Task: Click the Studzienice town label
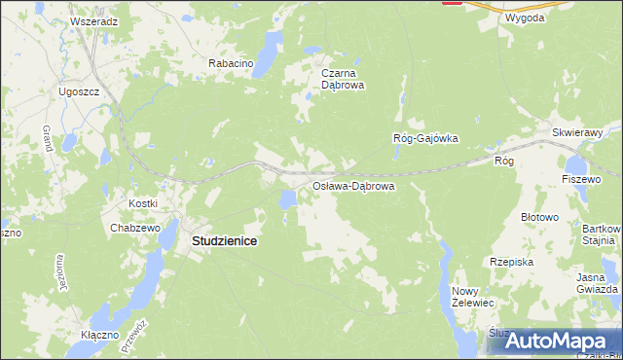217,240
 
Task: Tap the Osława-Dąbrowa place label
351,185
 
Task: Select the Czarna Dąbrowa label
343,78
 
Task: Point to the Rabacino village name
231,63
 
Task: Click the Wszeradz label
94,20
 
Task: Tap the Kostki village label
143,202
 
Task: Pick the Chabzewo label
134,228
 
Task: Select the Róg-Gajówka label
424,138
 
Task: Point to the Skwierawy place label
578,131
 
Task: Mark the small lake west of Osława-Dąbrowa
287,200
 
